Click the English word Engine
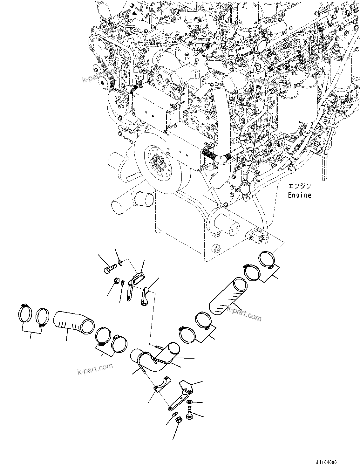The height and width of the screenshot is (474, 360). click(x=299, y=195)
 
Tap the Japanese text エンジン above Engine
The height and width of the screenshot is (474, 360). click(x=299, y=186)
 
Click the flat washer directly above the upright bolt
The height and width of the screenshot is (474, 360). click(x=189, y=402)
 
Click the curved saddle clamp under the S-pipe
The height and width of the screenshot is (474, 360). click(x=162, y=384)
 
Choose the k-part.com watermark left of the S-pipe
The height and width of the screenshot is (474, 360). click(x=95, y=368)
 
